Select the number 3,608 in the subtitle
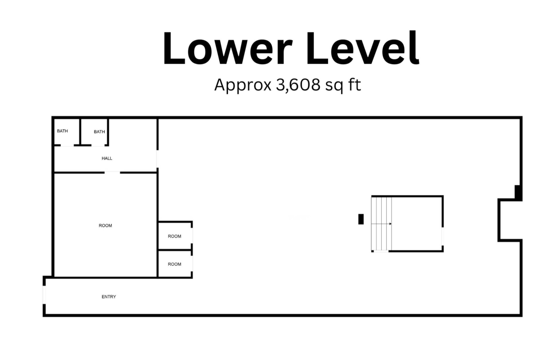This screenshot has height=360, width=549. [298, 85]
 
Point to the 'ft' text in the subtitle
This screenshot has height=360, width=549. [355, 85]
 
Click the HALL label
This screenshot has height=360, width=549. [107, 158]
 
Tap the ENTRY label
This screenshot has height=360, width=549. [109, 297]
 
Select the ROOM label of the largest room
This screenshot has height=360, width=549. [105, 226]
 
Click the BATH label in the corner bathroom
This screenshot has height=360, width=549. [62, 131]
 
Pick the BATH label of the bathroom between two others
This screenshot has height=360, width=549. [99, 132]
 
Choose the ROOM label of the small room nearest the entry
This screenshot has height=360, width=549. [174, 264]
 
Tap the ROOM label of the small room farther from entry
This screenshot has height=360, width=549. [174, 236]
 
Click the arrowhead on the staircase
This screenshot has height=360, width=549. [390, 224]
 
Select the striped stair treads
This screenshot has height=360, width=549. [381, 223]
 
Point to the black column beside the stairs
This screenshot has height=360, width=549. [361, 219]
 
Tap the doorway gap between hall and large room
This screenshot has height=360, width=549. [112, 172]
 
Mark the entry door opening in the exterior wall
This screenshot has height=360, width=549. [44, 295]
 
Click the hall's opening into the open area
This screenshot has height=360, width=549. [157, 159]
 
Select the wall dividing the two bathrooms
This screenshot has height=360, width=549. [81, 132]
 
